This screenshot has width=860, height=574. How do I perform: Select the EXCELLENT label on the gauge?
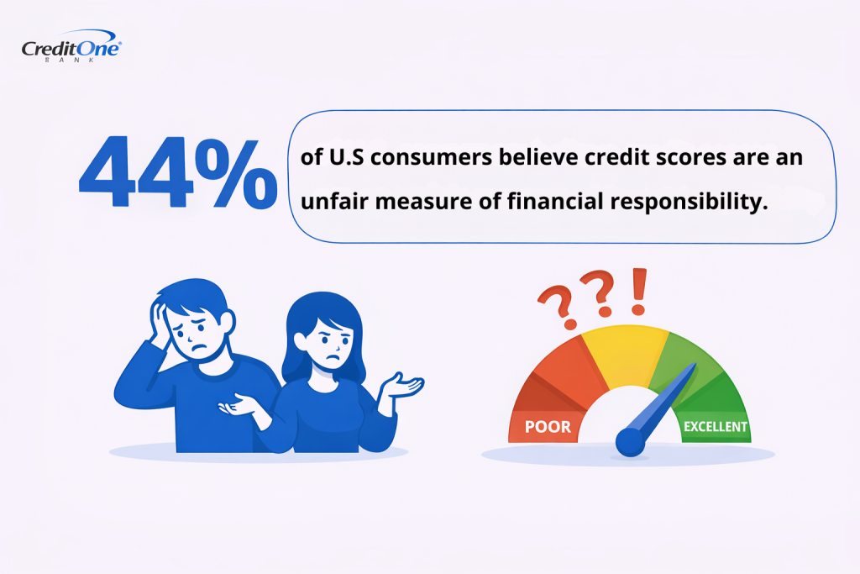(715, 426)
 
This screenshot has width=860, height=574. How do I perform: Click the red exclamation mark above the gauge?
(640, 291)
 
